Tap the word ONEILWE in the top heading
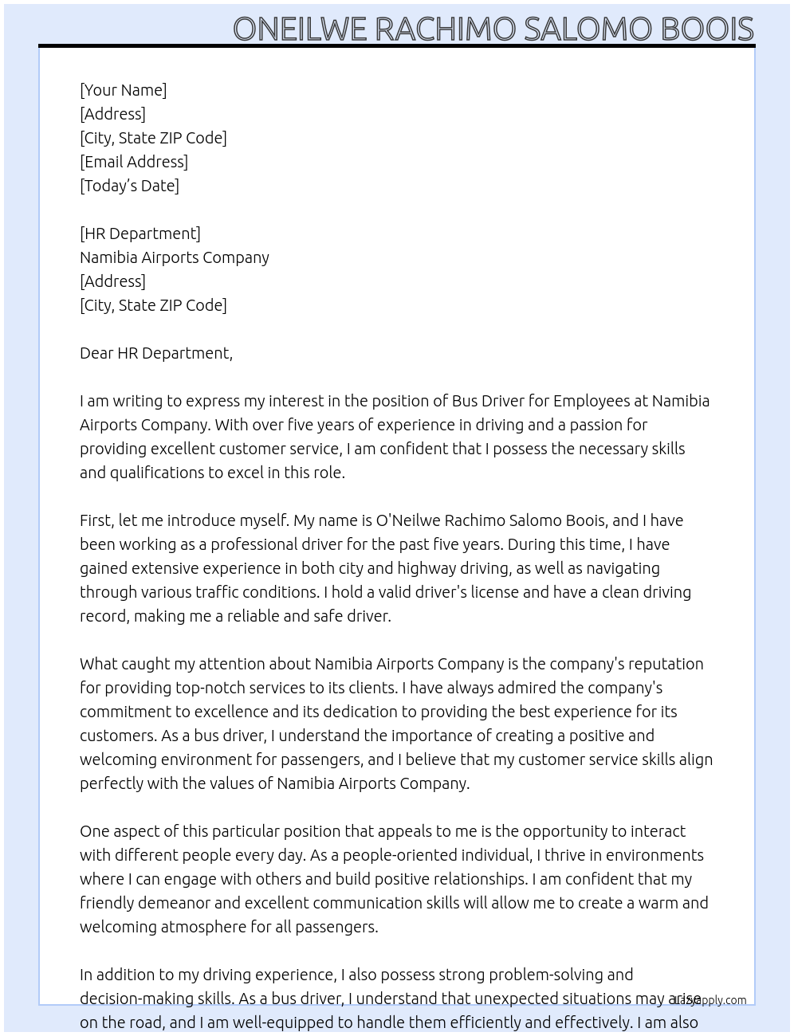(300, 29)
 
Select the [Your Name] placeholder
(123, 90)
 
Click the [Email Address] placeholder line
(134, 162)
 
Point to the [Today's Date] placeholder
(129, 186)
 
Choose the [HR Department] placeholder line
(140, 233)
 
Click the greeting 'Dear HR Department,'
(156, 353)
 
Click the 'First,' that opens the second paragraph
(96, 520)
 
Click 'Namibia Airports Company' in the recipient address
(175, 257)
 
